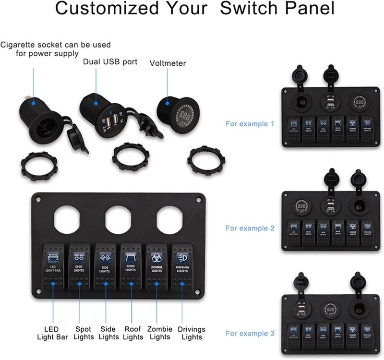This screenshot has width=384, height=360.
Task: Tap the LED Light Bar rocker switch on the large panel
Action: [53, 264]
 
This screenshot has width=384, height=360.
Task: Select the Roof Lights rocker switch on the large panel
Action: [131, 264]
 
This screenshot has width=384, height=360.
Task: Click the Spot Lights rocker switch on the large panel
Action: [79, 264]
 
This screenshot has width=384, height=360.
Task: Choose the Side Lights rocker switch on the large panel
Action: [105, 264]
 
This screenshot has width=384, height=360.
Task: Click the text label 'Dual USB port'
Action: [110, 61]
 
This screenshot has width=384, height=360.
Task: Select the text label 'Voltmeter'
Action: [168, 63]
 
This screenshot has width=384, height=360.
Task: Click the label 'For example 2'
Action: [250, 228]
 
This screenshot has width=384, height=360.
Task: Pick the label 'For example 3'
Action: [250, 333]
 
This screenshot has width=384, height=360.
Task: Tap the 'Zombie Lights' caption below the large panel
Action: [160, 333]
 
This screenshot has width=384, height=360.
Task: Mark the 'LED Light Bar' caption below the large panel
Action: [52, 333]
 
